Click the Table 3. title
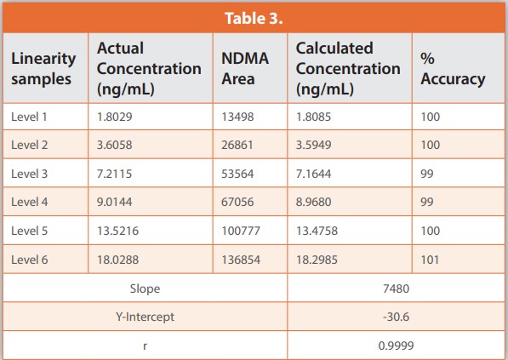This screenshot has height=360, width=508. coord(254,19)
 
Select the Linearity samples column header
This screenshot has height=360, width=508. coord(43,69)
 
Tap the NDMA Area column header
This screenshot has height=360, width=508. coord(245,69)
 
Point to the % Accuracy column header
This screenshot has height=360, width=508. coord(453,69)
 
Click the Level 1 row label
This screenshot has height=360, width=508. coord(29,117)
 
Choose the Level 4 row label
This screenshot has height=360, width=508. coord(30,202)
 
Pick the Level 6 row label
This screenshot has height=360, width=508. coord(30,260)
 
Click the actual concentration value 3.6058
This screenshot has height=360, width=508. coord(115,145)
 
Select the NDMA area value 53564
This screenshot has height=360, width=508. coord(237,174)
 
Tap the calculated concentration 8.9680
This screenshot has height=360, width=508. coord(314,202)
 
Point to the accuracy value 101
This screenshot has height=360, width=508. coord(430,260)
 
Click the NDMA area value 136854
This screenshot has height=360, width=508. coord(241,260)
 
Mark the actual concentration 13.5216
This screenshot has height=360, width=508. coord(118,231)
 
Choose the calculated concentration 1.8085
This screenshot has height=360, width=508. coord(314,117)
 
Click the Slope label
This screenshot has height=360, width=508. coord(145,289)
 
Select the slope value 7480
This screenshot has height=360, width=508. coord(396,289)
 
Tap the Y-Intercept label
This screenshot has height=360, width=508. coord(145,317)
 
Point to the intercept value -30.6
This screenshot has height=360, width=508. coord(396,317)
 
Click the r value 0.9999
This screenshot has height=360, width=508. coord(396,346)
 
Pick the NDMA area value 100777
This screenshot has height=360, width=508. coord(241,231)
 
